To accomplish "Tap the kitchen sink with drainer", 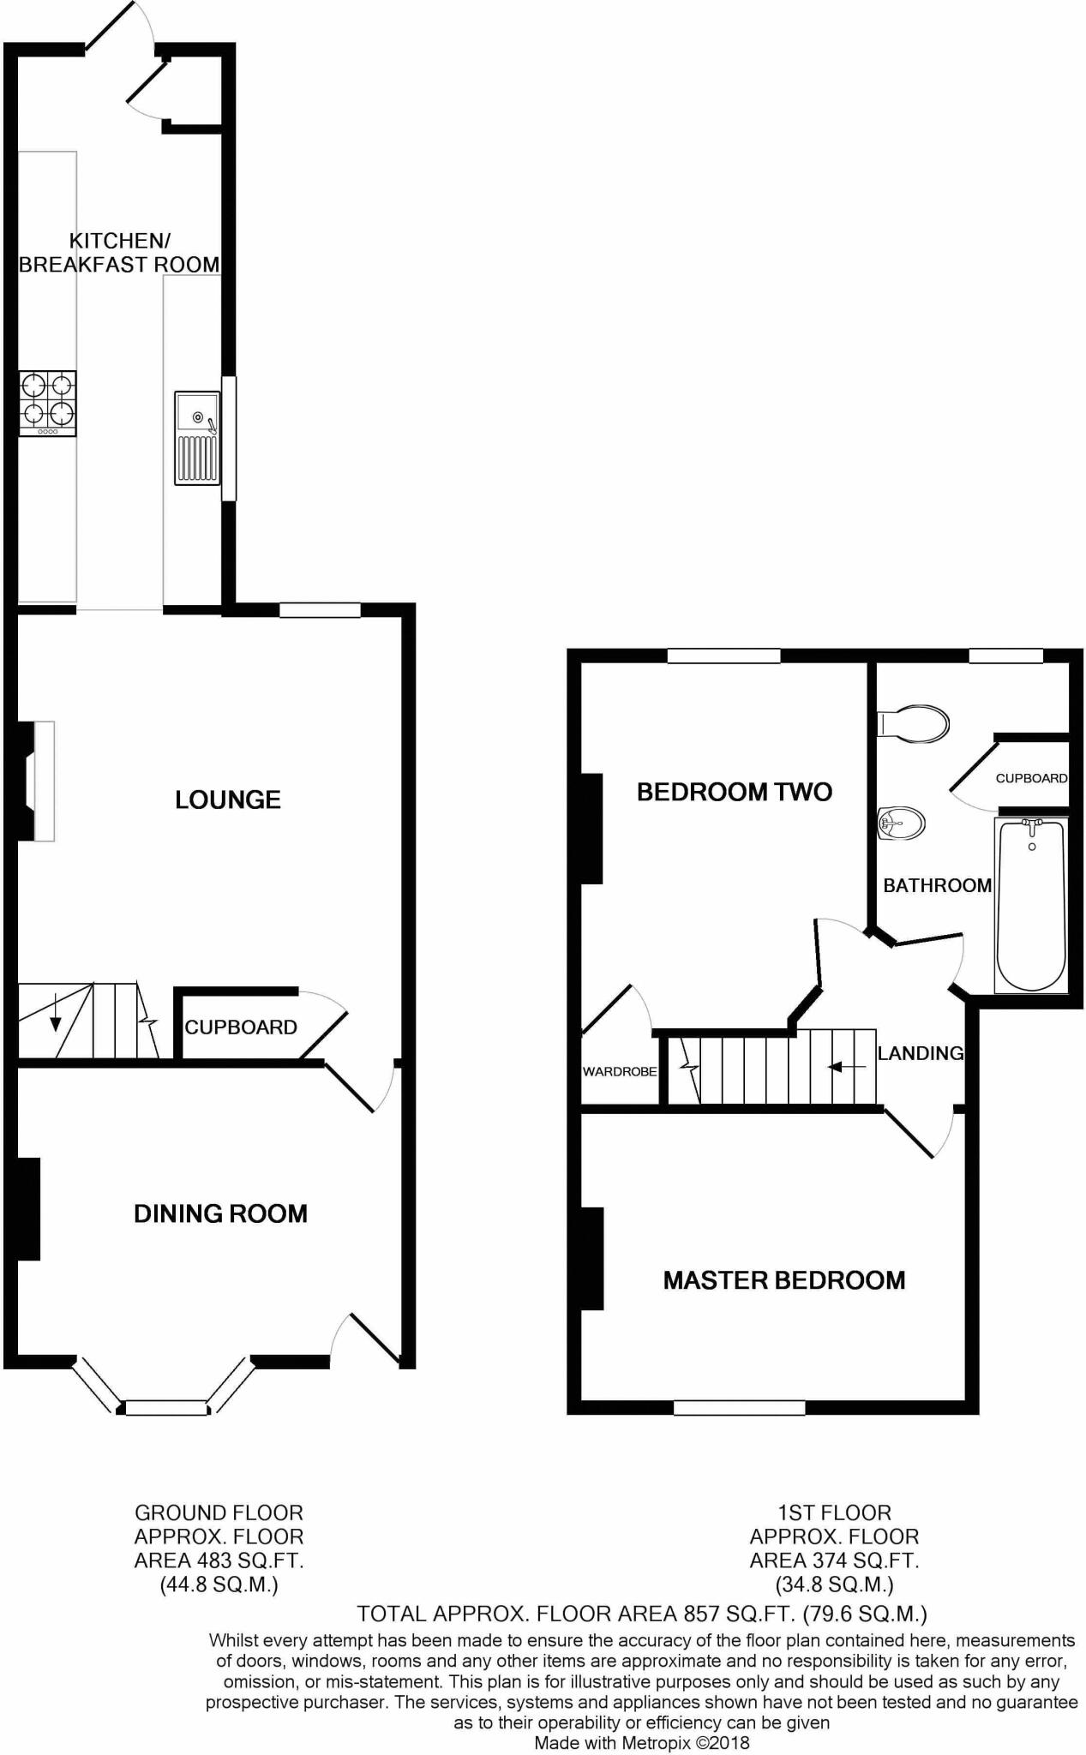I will click(197, 436).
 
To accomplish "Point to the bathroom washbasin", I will click(902, 824).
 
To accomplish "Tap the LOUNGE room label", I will click(228, 800).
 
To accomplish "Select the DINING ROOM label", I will click(220, 1213).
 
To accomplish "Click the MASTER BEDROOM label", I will click(784, 1280).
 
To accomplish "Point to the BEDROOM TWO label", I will click(735, 792).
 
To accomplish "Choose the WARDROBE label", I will click(620, 1071).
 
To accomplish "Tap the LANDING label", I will click(921, 1053).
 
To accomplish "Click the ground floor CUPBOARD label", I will click(241, 1027).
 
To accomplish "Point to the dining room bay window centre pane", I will click(167, 1407).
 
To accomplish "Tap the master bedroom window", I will click(739, 1407).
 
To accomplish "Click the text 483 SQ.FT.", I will click(255, 1560).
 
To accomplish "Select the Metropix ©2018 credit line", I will click(642, 1743).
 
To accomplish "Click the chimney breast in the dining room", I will click(28, 1208).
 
